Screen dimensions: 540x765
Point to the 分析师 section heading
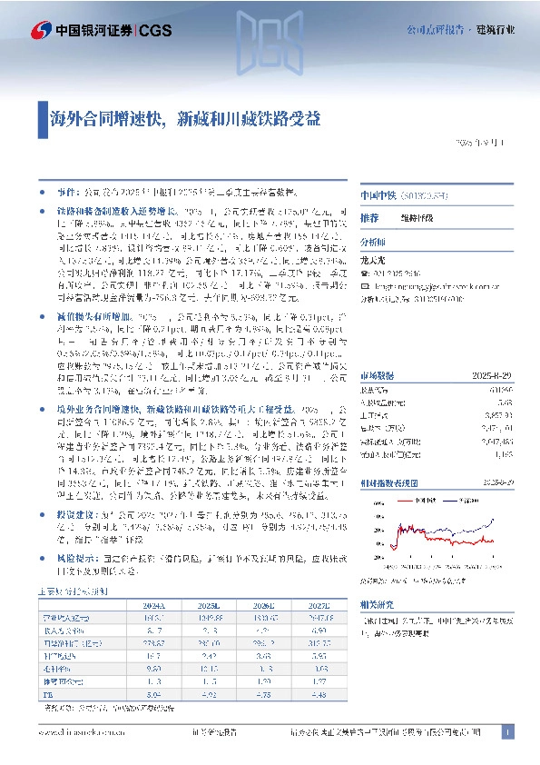point(372,243)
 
